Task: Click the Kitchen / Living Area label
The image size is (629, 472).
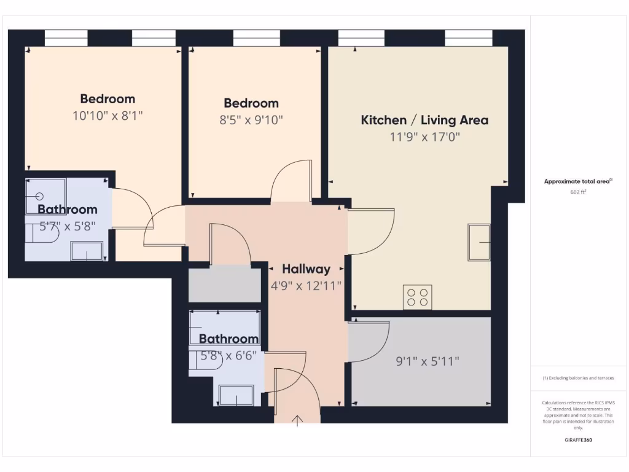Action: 424,120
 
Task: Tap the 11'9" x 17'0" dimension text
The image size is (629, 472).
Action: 424,136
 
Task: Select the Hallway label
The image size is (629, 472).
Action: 306,269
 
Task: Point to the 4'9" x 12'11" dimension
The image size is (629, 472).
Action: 306,285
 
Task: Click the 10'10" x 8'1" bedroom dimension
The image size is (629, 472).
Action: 107,115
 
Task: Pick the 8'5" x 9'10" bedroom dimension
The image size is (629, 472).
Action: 251,120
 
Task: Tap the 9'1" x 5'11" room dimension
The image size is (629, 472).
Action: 428,361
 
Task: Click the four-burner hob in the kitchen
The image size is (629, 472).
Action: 416,297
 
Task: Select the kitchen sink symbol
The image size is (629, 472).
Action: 479,242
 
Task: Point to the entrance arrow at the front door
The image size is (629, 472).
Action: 298,420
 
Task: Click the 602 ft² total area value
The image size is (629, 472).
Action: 578,192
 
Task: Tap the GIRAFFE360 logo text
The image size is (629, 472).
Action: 578,440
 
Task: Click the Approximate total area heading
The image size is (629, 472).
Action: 578,181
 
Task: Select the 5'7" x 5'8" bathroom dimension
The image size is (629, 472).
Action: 68,226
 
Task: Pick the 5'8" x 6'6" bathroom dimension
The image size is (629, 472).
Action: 229,355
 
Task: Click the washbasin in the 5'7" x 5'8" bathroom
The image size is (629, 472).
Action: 87,251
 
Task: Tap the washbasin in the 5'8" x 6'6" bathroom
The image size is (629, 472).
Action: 236,395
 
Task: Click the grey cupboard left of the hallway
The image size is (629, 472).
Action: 224,284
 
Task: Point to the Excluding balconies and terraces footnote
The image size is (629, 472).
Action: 578,378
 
